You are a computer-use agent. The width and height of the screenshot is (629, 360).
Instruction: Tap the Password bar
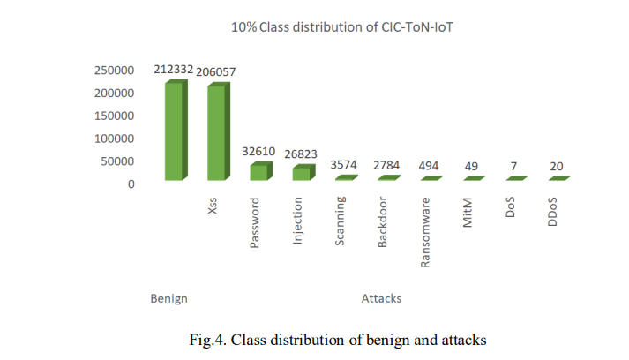(x=258, y=171)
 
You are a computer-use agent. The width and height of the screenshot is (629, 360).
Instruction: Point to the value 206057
(x=217, y=71)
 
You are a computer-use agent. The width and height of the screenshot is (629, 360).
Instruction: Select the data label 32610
(x=259, y=152)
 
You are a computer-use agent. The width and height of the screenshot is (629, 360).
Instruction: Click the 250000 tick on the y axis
(x=115, y=70)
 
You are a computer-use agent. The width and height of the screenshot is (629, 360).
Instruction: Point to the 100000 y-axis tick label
(x=115, y=139)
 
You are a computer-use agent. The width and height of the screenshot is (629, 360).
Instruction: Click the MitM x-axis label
(x=469, y=212)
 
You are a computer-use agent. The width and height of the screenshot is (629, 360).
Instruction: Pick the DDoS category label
(x=554, y=212)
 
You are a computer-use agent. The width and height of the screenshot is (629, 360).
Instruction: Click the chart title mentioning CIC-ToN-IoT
(x=347, y=28)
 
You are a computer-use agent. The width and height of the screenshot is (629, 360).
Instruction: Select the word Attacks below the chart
(x=381, y=298)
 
